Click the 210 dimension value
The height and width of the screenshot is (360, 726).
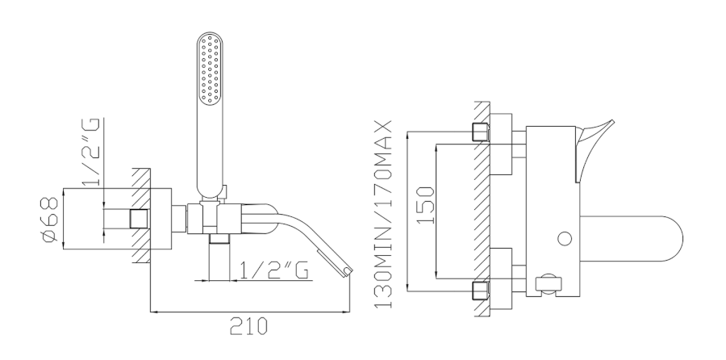[248, 327]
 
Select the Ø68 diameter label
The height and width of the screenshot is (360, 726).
[50, 220]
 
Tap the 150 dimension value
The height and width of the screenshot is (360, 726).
[425, 205]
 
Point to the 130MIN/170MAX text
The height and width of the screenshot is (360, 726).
[383, 214]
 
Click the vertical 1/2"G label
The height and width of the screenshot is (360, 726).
[91, 152]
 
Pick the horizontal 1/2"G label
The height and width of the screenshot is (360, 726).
[274, 270]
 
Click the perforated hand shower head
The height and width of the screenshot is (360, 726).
[210, 68]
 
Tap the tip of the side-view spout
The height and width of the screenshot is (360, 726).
[348, 271]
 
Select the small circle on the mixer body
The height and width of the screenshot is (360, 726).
[565, 239]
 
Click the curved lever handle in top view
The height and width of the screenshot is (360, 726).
[594, 149]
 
